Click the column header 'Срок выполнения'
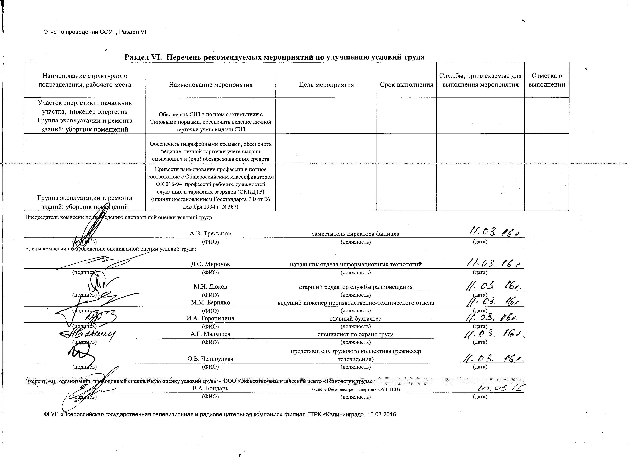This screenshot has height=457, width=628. [406, 85]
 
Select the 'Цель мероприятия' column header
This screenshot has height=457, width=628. [326, 85]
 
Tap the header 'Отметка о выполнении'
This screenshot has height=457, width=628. [546, 80]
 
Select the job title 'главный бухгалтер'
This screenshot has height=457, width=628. [356, 319]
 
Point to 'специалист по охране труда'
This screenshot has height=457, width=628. [356, 334]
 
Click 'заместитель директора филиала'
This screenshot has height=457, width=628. [356, 234]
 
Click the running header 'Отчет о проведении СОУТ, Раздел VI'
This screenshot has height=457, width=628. [95, 32]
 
